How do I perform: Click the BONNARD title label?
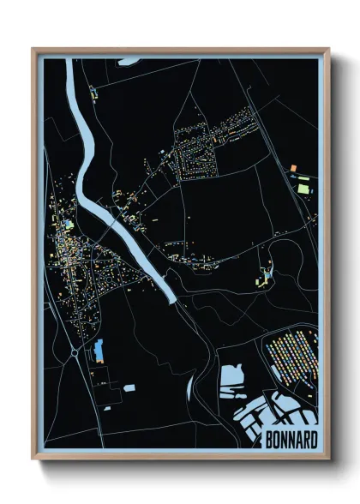pos(290,440)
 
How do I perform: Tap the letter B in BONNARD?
pos(267,440)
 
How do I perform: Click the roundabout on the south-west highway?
pos(75,351)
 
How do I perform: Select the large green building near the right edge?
pos(303,183)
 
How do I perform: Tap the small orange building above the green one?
pos(293,165)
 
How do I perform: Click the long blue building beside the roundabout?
pos(98,350)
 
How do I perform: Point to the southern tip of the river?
pos(171,300)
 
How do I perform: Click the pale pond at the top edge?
pos(128,61)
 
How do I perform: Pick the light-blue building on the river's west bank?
pos(69,225)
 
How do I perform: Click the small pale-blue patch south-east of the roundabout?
pos(129,387)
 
